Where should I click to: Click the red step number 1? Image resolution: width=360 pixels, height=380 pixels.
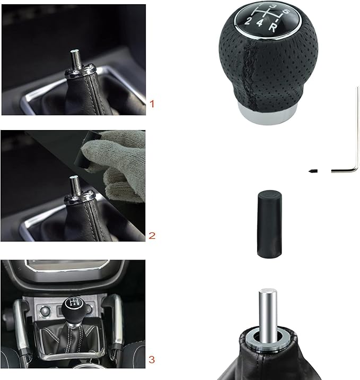[153, 104]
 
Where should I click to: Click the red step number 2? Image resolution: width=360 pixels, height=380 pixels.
[153, 235]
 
